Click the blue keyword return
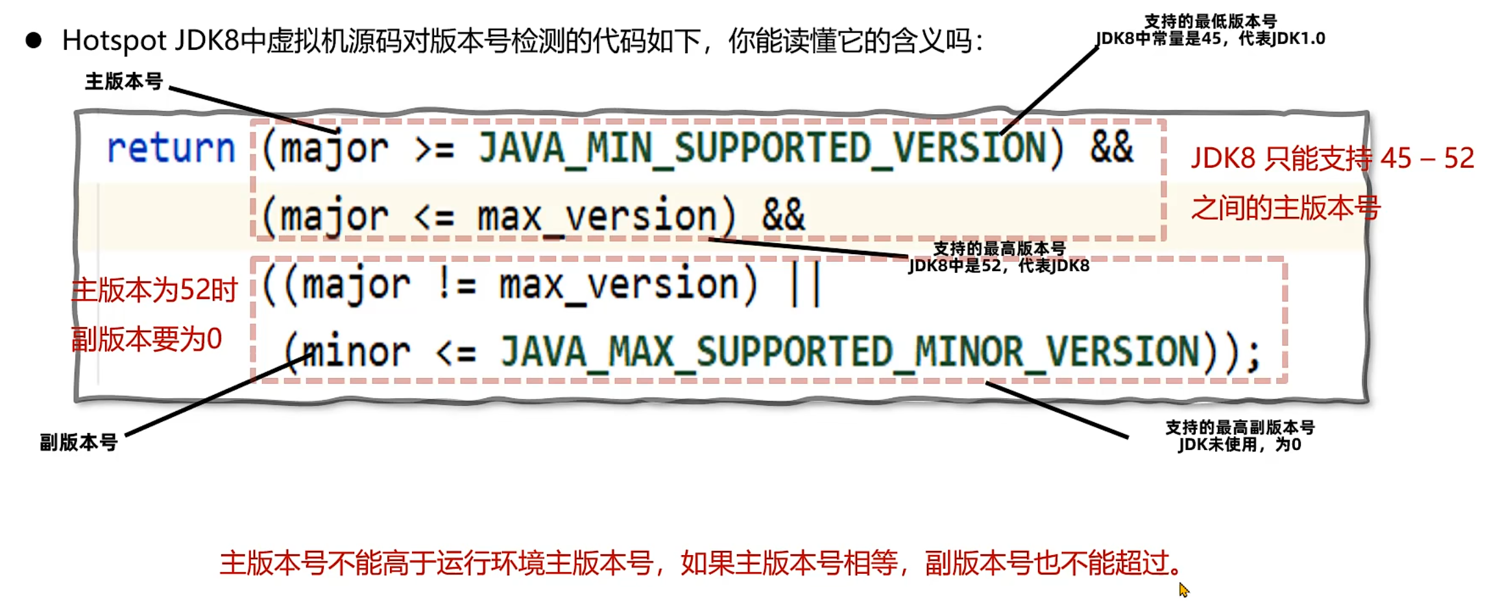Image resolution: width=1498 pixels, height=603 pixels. click(171, 149)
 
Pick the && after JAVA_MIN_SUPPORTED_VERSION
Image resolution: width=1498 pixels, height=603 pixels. click(1111, 148)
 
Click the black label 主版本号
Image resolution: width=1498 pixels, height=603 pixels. click(123, 82)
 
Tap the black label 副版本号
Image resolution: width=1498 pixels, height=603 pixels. click(79, 443)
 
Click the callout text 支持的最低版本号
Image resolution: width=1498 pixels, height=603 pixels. click(1210, 22)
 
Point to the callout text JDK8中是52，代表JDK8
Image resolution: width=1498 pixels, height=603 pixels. click(998, 266)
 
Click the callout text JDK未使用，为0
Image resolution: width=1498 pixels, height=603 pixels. click(1239, 445)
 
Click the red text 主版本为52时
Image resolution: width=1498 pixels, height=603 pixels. click(154, 290)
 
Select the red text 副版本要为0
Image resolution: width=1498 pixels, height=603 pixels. click(147, 340)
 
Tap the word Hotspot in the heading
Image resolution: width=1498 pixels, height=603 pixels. click(114, 41)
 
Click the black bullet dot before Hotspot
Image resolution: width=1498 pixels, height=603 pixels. click(34, 41)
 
